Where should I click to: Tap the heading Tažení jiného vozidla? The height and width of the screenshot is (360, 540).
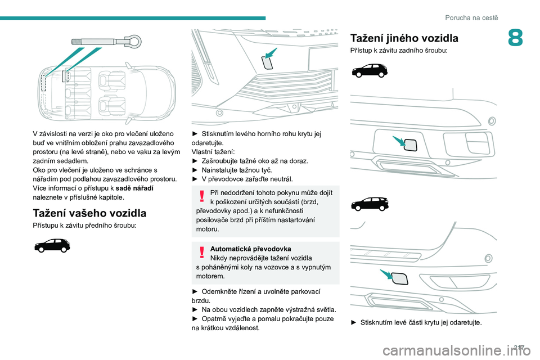(x=404, y=38)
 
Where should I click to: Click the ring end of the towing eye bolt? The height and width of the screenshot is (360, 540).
(x=133, y=40)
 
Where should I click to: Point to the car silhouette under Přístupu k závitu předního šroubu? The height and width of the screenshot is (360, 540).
(x=52, y=245)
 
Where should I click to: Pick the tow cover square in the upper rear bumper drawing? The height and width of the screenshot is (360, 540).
(x=410, y=145)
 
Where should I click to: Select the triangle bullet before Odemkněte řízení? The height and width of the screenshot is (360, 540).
(x=195, y=291)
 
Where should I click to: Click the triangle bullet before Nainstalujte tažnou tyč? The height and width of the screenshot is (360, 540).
(x=195, y=170)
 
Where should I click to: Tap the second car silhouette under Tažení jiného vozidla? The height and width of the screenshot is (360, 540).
(x=368, y=203)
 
